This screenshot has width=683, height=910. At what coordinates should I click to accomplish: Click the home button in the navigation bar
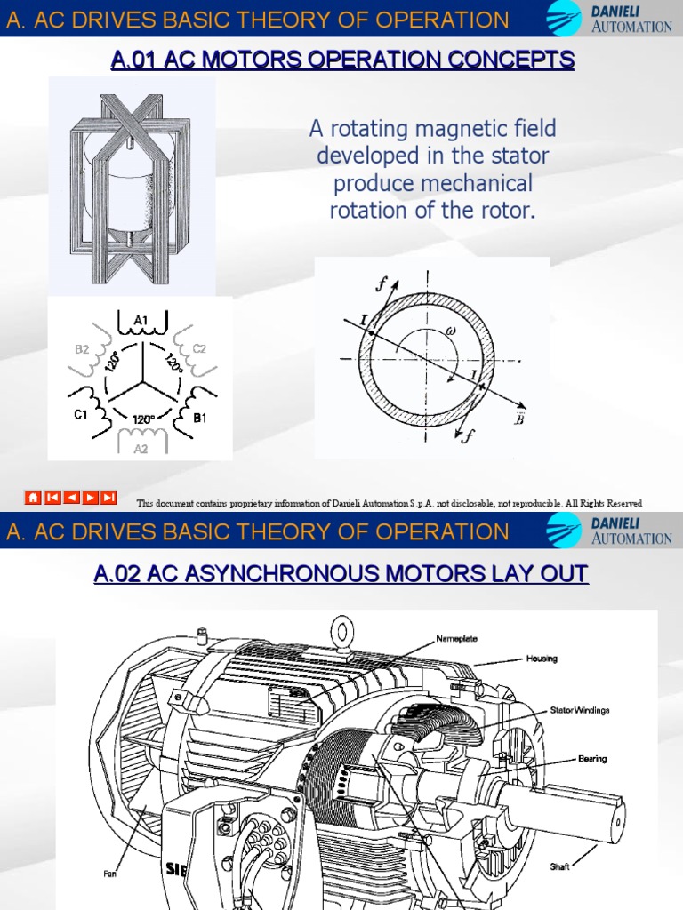pos(33,498)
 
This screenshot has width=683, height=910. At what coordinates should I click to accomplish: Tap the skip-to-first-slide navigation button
pos(52,498)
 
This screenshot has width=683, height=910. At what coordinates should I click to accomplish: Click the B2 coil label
pos(83,349)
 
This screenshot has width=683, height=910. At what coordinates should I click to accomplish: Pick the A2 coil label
pos(141,448)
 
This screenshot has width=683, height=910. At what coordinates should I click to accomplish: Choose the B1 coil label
pos(200,415)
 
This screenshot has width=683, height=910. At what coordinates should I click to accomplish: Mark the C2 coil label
pos(198,349)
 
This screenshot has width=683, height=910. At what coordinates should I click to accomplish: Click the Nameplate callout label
pos(457,638)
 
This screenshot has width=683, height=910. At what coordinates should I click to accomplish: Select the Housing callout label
pos(542,659)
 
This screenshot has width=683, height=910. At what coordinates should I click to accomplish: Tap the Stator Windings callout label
pos(579,710)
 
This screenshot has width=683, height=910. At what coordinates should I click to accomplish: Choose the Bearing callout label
pos(592,759)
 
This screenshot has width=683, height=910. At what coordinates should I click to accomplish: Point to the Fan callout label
pos(109,874)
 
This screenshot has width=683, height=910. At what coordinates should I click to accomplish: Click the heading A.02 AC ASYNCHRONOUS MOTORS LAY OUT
pos(341,574)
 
